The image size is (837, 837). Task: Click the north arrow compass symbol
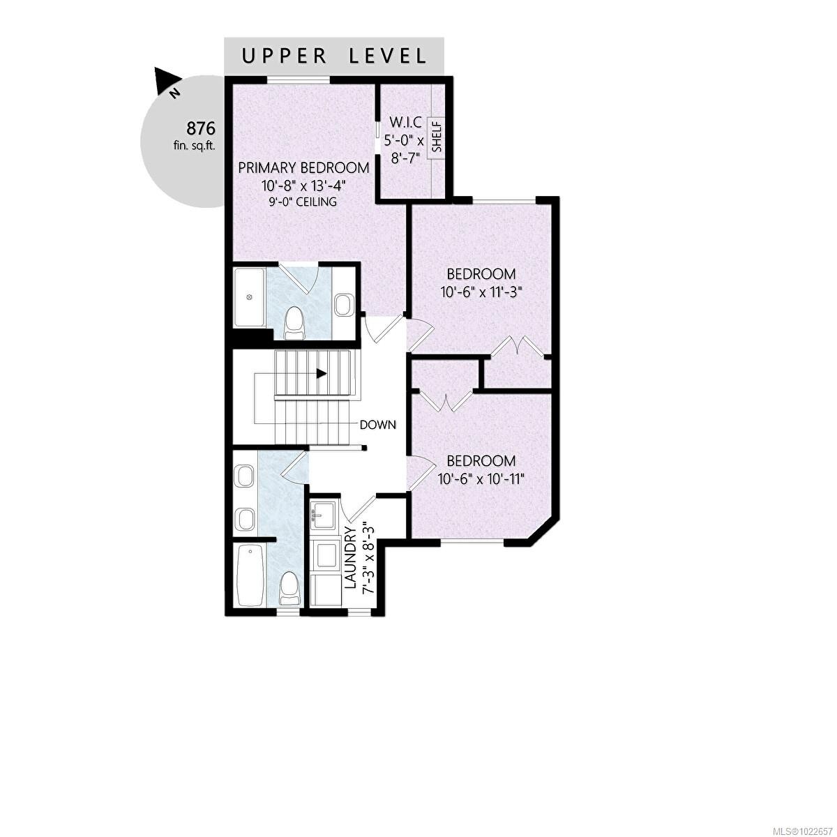pyautogui.click(x=168, y=82)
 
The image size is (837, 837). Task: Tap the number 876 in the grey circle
pyautogui.click(x=200, y=128)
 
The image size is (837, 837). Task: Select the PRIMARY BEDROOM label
pyautogui.click(x=303, y=167)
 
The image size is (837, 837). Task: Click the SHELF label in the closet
pyautogui.click(x=437, y=137)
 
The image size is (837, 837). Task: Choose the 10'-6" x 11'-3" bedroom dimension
pyautogui.click(x=481, y=294)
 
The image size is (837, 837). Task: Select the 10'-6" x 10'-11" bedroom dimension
pyautogui.click(x=481, y=479)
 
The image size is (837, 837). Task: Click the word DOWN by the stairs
pyautogui.click(x=378, y=424)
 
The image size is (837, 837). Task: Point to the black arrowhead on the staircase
pyautogui.click(x=321, y=373)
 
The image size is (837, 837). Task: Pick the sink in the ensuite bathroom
pyautogui.click(x=343, y=305)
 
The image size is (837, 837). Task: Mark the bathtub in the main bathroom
pyautogui.click(x=250, y=576)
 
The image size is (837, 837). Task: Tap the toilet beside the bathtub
pyautogui.click(x=289, y=587)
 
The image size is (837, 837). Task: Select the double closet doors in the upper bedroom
pyautogui.click(x=518, y=347)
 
